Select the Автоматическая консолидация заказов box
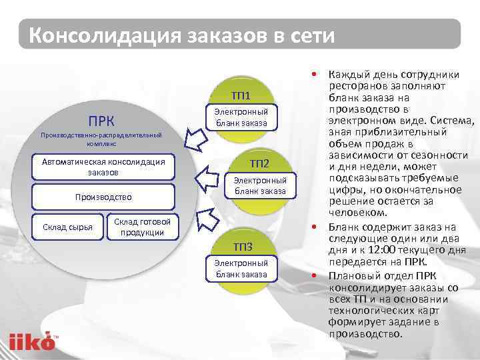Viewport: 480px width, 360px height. (x=103, y=167)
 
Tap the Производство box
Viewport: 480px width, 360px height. (x=103, y=197)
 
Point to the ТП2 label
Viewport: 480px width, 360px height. (x=259, y=163)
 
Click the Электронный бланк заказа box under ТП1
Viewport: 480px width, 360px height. (x=241, y=117)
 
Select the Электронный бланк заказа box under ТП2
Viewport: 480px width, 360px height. (x=259, y=185)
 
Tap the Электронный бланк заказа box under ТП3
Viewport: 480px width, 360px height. (x=241, y=269)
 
